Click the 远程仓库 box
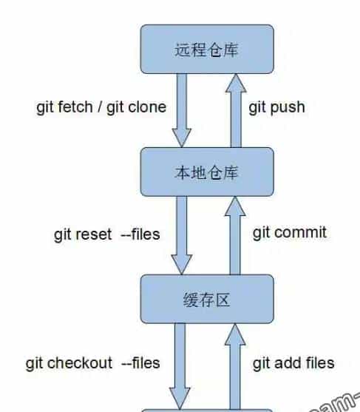(207, 50)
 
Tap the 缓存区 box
(207, 300)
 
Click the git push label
(276, 107)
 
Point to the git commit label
(289, 233)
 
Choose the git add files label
(293, 362)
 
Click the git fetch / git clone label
(101, 107)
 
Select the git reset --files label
(106, 235)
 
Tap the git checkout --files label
(92, 362)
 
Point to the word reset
(94, 235)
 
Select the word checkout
(80, 362)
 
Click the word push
(288, 107)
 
